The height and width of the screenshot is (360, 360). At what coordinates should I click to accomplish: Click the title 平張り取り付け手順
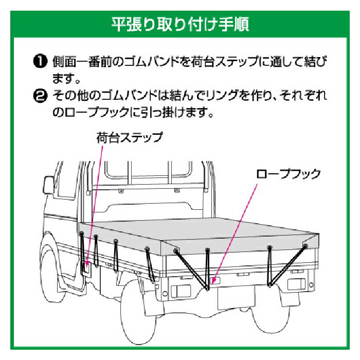click(180, 24)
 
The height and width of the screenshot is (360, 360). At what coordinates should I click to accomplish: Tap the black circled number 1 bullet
click(40, 62)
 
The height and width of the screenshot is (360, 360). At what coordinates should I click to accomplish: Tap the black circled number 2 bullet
click(40, 96)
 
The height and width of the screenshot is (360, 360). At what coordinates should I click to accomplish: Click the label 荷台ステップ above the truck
click(130, 138)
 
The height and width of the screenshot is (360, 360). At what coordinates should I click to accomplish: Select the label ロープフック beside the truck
click(289, 174)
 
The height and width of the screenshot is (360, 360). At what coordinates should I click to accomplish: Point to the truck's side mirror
click(48, 185)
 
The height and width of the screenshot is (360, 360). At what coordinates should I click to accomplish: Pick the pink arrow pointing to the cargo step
click(94, 206)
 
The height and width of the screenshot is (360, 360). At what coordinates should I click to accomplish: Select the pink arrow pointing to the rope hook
click(236, 233)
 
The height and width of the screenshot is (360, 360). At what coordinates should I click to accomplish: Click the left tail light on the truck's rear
click(181, 291)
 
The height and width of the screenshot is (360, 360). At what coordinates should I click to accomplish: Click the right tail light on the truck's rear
click(296, 284)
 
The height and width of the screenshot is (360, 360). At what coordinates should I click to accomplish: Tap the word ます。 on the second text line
click(66, 79)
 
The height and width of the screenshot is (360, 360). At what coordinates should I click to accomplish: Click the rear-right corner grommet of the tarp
click(305, 246)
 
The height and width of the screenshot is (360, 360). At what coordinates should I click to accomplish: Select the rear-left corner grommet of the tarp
click(176, 250)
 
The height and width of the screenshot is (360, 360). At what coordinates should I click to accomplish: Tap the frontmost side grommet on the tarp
click(81, 233)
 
